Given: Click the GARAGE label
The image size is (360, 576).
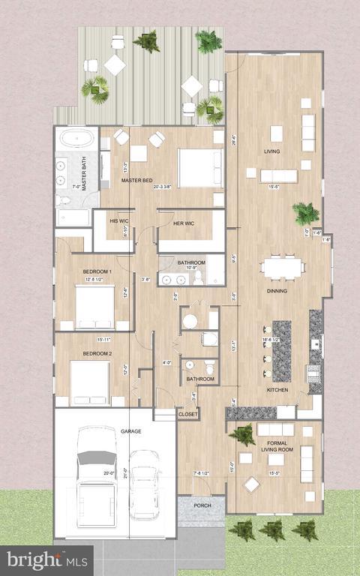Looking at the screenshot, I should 131,431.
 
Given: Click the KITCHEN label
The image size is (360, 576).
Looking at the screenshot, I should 278,390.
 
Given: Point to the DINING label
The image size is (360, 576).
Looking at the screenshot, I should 277,291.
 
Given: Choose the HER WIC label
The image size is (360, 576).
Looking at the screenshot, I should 184,223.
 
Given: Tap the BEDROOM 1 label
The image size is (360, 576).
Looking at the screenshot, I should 97,271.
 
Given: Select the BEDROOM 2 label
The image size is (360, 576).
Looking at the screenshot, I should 97,353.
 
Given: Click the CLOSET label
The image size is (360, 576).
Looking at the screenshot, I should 188,414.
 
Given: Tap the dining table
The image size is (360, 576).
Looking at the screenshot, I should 283,266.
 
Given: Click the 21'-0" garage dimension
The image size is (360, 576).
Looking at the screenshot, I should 125,473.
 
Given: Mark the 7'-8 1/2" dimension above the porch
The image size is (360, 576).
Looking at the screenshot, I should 202,473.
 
